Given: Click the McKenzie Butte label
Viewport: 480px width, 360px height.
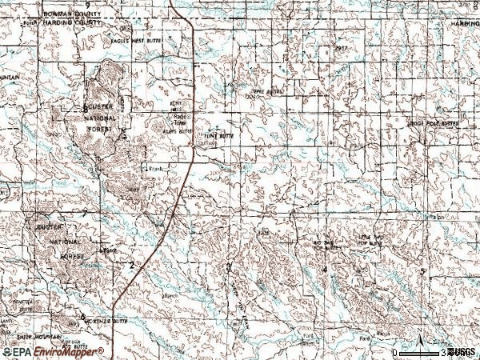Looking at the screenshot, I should tap(107, 318).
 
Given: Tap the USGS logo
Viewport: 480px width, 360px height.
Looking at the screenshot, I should tap(462, 351).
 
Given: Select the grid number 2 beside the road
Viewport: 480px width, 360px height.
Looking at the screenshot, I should tap(131, 264).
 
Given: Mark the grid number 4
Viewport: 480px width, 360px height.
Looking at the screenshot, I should tap(324, 269).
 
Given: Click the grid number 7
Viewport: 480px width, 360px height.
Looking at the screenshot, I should tap(86, 212).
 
